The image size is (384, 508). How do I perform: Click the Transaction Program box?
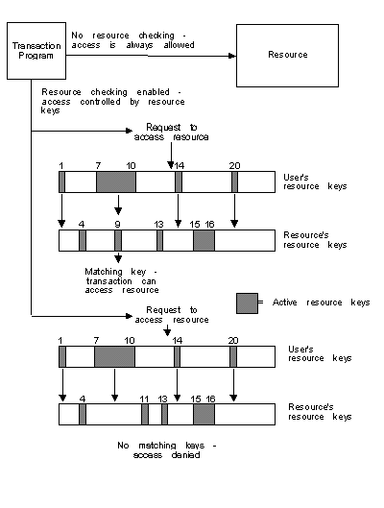click(x=36, y=51)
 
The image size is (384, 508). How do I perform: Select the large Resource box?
click(x=287, y=56)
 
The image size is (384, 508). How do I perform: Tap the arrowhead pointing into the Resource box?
click(x=232, y=56)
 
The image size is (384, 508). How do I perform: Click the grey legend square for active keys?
click(x=247, y=303)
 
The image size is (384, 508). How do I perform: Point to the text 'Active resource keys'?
click(x=321, y=302)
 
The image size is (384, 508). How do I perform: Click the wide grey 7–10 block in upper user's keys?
click(x=116, y=182)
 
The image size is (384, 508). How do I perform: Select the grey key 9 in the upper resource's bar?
click(x=118, y=240)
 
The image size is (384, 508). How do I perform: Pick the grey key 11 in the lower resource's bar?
click(x=145, y=414)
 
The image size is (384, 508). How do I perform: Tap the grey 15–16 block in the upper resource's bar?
click(x=204, y=240)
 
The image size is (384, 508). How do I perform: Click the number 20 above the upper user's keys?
click(x=235, y=166)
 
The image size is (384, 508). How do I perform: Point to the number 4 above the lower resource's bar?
click(x=83, y=399)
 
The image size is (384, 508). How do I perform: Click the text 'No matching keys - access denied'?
click(x=167, y=450)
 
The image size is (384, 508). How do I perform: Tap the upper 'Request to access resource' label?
click(x=171, y=133)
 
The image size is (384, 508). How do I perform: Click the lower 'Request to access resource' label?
click(x=172, y=315)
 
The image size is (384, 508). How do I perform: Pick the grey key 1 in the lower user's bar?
click(x=62, y=356)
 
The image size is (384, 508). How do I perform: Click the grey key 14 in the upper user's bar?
click(x=179, y=182)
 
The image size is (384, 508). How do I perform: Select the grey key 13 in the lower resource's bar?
click(x=164, y=414)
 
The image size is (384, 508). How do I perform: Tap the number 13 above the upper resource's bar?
click(x=158, y=224)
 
